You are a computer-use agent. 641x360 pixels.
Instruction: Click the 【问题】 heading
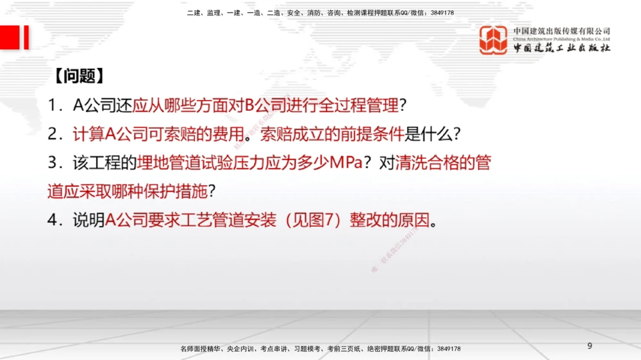[76, 76]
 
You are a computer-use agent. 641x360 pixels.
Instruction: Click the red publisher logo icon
[494, 40]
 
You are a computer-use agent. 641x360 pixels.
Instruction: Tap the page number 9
[590, 346]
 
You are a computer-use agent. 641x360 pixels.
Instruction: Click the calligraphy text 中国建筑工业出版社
[562, 48]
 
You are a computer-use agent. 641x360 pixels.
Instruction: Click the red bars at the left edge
[15, 37]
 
